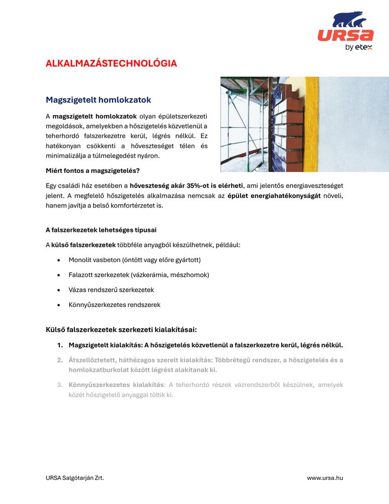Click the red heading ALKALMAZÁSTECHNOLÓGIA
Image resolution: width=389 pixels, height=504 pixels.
point(111,64)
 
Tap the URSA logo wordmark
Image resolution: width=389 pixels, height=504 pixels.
point(345,35)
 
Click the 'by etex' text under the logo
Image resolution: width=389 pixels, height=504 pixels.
point(358,48)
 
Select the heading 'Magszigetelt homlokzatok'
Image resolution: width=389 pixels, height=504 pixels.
point(98,100)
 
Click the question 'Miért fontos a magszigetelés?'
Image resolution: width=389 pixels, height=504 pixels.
point(93,171)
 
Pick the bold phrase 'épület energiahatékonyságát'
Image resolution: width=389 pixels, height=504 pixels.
point(274,196)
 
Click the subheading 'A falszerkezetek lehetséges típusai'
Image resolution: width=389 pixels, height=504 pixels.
point(101,230)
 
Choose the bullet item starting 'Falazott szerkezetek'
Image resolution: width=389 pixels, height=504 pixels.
point(138,275)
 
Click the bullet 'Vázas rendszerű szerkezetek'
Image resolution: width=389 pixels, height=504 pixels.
point(111,290)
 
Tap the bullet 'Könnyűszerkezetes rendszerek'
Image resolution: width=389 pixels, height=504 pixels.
point(114,305)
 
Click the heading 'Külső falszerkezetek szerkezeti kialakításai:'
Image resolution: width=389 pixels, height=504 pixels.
point(121,330)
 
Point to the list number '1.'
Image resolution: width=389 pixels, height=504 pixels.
point(59,345)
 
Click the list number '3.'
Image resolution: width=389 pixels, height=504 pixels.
point(59,385)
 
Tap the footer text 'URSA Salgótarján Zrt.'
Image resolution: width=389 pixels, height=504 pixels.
point(75,478)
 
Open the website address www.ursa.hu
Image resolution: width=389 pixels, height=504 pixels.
point(325,478)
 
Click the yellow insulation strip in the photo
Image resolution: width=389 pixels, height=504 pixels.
point(310,123)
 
